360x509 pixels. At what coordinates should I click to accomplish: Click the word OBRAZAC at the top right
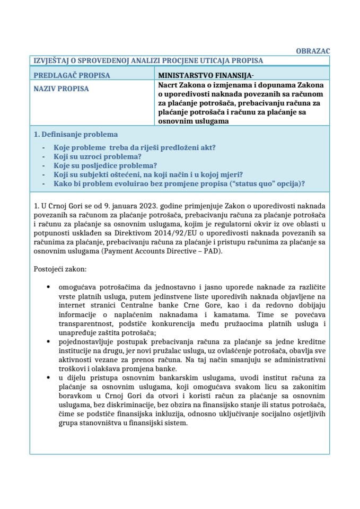[312, 51]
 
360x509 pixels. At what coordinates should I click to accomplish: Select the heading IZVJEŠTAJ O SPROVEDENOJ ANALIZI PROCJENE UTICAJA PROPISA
[148, 61]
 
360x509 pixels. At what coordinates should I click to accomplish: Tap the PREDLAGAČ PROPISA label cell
[72, 75]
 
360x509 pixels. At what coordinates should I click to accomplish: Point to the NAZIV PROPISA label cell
[61, 88]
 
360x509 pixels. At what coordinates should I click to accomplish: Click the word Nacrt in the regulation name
[169, 85]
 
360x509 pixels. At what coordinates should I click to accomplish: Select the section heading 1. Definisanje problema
[76, 134]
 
